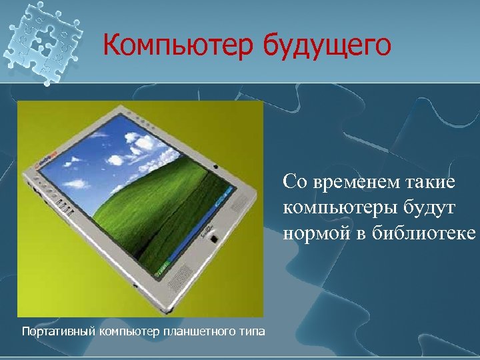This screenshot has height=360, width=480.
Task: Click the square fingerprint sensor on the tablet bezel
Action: tap(213, 238)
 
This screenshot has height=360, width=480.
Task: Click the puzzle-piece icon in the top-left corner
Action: tap(41, 42)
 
